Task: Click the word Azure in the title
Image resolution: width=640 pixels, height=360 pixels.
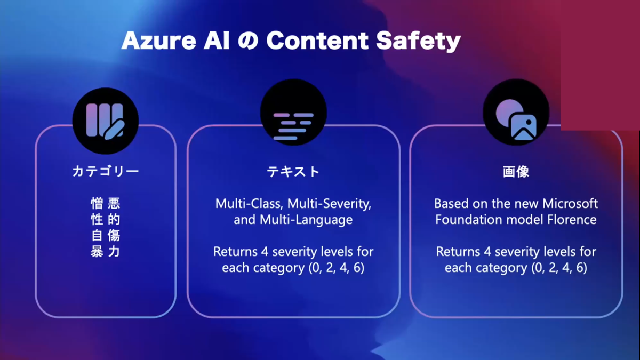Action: coord(159,41)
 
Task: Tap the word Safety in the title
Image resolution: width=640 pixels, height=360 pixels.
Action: coord(418,42)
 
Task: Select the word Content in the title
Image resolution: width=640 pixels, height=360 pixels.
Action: coord(317,41)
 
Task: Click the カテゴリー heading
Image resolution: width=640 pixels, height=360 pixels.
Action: coord(106,171)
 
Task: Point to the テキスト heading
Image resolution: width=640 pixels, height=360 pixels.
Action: coord(293,172)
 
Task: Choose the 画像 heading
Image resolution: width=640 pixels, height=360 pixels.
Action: coord(516,172)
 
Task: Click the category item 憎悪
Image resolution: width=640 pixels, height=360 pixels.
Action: coord(106,203)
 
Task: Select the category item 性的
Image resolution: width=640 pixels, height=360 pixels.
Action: coord(106,219)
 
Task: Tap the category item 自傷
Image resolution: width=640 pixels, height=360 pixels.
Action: coord(106,235)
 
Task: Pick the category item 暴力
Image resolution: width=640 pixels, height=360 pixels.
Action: coord(106,251)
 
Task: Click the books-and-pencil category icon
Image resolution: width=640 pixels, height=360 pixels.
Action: coord(106,121)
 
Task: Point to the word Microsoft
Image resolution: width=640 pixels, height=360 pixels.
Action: coord(570,204)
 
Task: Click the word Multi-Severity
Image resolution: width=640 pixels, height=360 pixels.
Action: coord(329,204)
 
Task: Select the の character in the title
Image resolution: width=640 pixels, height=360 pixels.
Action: coord(248,41)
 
